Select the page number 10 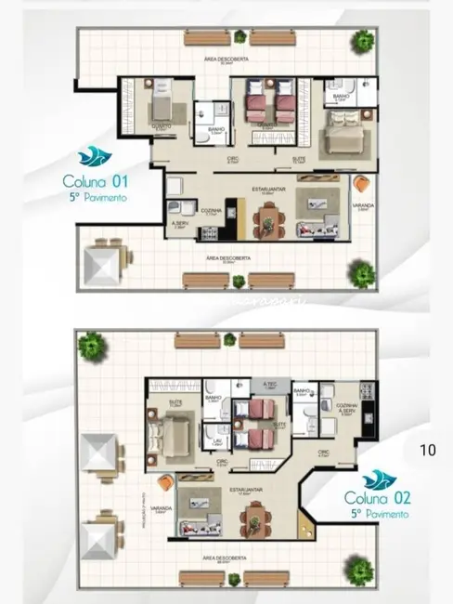point(427,451)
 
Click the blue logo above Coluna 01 point(91,157)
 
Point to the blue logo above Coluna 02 point(379,479)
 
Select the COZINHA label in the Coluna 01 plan point(211,211)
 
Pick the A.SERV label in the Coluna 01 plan point(180,224)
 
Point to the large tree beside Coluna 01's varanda point(363,273)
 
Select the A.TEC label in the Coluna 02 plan point(270,384)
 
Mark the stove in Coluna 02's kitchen point(368,394)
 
